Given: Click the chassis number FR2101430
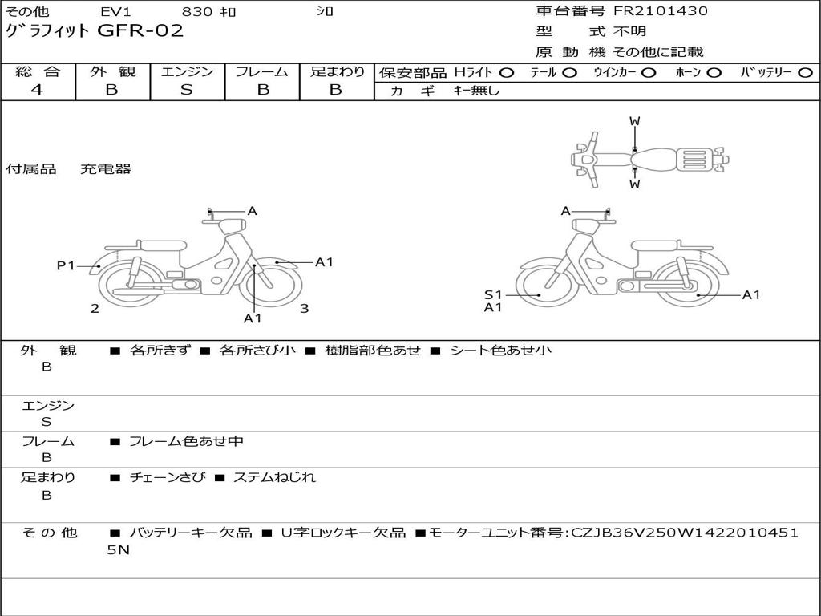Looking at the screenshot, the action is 661,10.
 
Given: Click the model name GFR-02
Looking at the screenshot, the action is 141,31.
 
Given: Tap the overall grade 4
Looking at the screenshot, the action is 37,90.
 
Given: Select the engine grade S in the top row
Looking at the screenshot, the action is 187,90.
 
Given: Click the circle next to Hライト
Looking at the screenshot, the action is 507,73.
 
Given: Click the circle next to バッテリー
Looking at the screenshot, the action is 806,73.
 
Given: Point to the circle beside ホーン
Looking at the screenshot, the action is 714,73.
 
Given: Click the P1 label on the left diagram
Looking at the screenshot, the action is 66,266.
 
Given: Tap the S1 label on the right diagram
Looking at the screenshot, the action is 493,295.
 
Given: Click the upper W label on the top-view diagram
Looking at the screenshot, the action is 635,122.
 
